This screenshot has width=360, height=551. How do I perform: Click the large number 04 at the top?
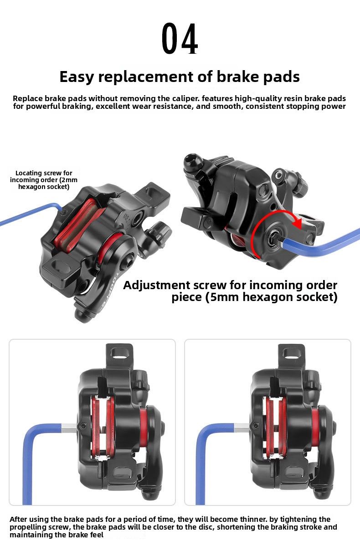(180, 40)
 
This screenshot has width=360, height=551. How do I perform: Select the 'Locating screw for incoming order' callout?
(44, 179)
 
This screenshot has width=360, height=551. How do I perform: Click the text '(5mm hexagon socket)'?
(254, 297)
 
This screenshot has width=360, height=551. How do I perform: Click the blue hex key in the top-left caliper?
(27, 214)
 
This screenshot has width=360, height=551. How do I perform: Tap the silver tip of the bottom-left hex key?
(70, 426)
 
